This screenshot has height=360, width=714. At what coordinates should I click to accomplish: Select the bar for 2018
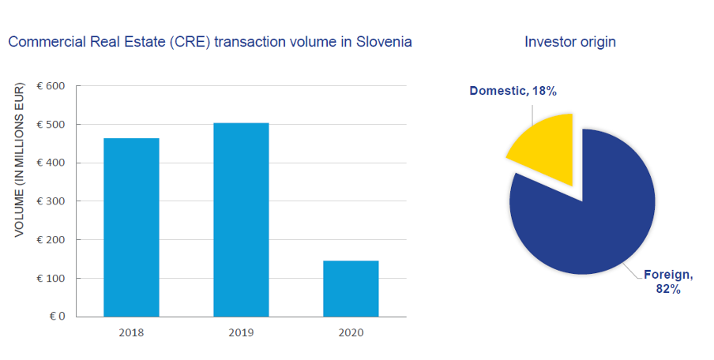132,227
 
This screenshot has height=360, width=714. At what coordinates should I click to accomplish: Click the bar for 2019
242,219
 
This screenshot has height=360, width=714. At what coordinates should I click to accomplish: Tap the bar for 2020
351,288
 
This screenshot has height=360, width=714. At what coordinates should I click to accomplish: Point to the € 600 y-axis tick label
51,86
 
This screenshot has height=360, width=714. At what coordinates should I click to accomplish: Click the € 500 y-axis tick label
51,124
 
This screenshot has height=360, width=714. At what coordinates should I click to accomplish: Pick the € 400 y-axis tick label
51,163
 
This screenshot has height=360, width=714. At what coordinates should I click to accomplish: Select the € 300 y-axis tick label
51,201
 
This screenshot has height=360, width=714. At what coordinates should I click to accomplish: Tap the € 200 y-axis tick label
51,239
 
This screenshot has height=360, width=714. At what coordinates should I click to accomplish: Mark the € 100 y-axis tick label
51,278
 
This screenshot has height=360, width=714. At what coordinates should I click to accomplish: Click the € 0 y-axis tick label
58,317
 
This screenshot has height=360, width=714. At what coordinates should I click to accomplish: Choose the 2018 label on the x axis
131,332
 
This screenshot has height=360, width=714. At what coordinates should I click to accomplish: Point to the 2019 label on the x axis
241,332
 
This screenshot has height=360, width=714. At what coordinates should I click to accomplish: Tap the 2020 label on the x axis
351,332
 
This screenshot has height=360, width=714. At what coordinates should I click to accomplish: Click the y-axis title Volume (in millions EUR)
19,159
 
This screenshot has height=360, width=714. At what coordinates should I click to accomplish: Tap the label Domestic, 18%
513,91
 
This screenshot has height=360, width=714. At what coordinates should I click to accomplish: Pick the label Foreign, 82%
668,282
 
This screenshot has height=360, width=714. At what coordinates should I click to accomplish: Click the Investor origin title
570,42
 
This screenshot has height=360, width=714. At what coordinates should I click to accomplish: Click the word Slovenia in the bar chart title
384,42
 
